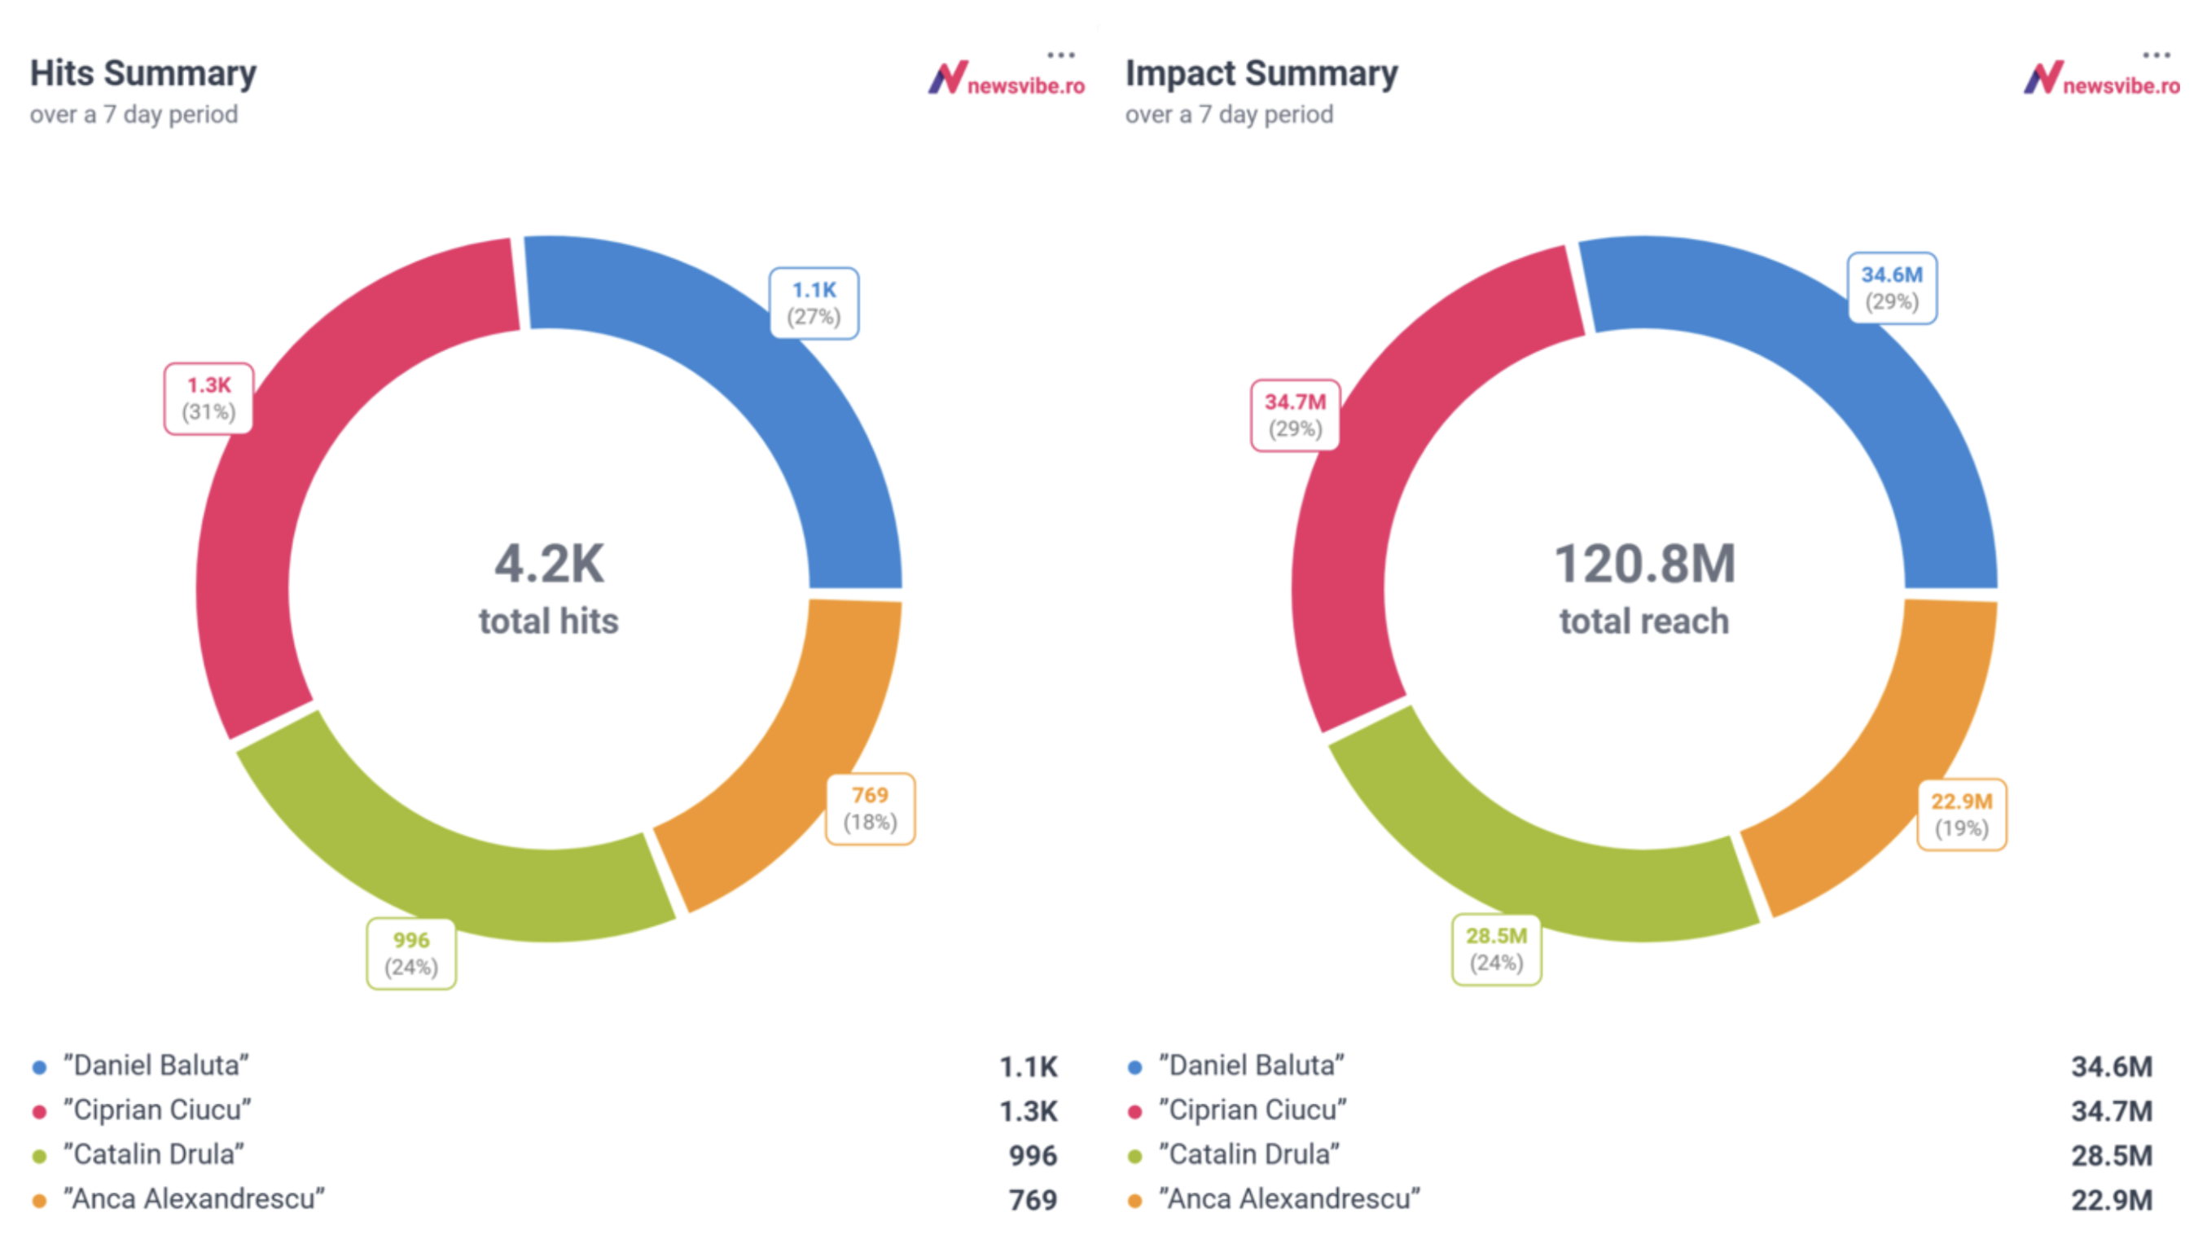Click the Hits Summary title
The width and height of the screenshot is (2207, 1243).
pyautogui.click(x=143, y=73)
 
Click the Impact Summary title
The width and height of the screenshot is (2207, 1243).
pyautogui.click(x=1261, y=73)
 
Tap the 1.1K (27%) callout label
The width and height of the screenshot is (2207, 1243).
pyautogui.click(x=814, y=303)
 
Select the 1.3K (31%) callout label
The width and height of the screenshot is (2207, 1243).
pyautogui.click(x=209, y=398)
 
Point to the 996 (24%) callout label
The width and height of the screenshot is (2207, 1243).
pyautogui.click(x=411, y=954)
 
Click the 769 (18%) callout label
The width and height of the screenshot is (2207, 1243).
pyautogui.click(x=870, y=809)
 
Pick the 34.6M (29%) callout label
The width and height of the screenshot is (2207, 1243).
pyautogui.click(x=1892, y=288)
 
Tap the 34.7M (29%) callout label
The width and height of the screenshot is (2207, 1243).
pyautogui.click(x=1295, y=415)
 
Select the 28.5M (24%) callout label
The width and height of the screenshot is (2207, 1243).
pyautogui.click(x=1496, y=949)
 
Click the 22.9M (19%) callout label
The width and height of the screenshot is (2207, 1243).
pyautogui.click(x=1961, y=815)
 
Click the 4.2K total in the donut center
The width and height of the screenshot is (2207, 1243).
pyautogui.click(x=549, y=564)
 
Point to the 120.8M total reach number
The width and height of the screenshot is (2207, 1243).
pyautogui.click(x=1644, y=564)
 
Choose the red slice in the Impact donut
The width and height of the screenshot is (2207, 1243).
pyautogui.click(x=1354, y=531)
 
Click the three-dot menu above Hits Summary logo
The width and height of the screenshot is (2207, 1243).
pyautogui.click(x=1060, y=55)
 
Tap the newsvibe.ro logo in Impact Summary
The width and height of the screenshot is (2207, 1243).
pyautogui.click(x=2102, y=80)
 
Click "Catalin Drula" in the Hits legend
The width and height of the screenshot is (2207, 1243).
pyautogui.click(x=154, y=1155)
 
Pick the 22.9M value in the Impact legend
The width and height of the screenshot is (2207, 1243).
pyautogui.click(x=2111, y=1200)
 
